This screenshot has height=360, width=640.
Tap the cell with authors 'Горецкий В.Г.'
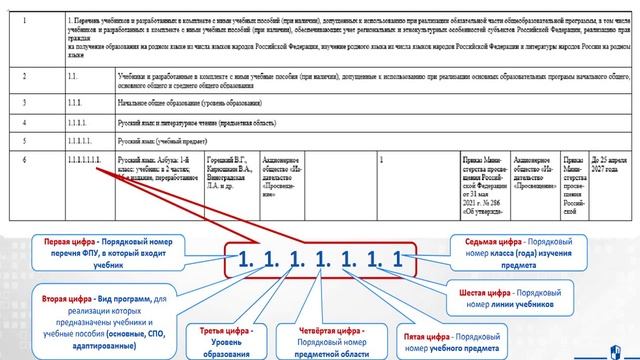[x=205, y=169]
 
